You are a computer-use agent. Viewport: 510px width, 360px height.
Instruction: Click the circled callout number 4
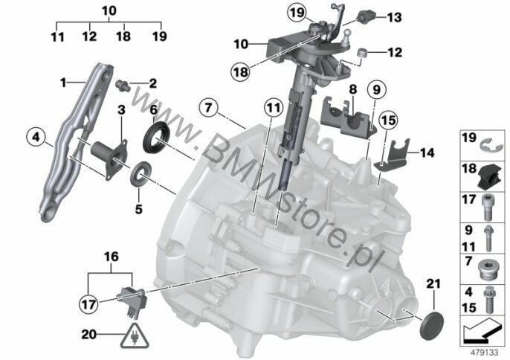click(34, 137)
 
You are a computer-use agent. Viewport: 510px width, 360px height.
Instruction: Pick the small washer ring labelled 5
click(138, 176)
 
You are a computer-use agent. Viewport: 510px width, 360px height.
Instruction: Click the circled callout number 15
click(387, 119)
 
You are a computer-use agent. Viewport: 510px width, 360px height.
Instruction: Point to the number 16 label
click(111, 257)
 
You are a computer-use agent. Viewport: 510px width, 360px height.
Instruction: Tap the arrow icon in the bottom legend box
click(482, 327)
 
